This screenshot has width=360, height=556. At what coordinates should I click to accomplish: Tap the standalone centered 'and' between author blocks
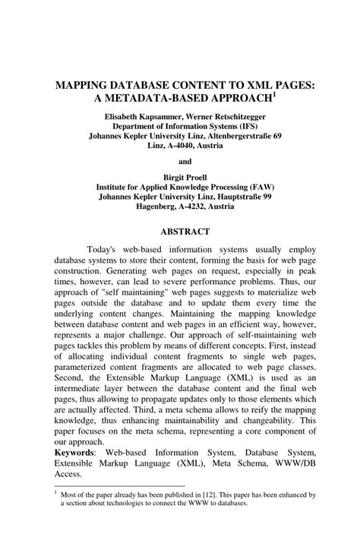coord(185,162)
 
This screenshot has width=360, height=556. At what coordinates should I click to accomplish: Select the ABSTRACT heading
coord(185,230)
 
